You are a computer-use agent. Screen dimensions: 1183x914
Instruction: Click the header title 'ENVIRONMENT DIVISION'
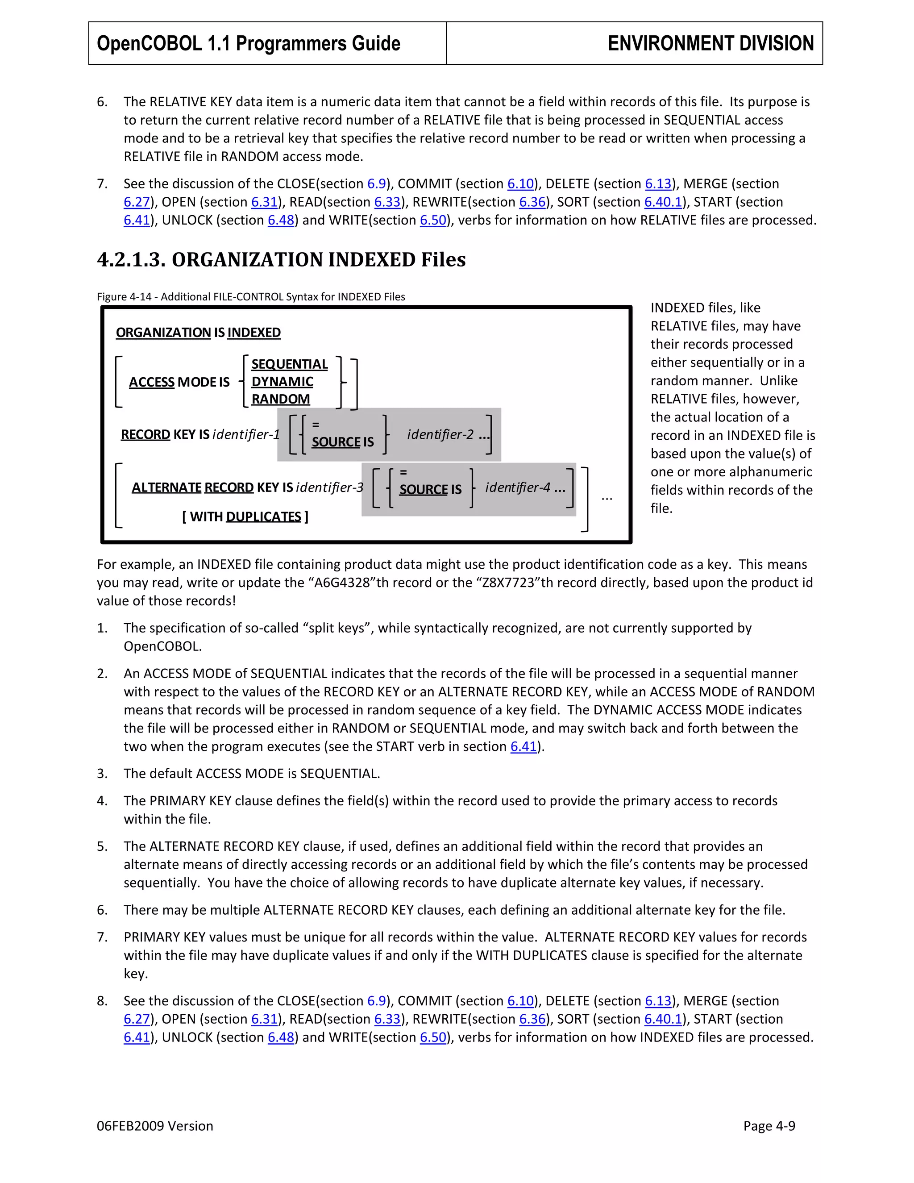pos(710,43)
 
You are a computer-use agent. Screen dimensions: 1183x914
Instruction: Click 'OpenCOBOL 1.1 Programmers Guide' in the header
pos(249,43)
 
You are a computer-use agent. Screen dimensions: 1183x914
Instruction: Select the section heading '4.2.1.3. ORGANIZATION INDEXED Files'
pos(281,259)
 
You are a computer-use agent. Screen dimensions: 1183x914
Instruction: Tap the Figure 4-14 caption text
pos(251,297)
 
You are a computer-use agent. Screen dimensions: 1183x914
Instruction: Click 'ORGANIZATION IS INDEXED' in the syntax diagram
pos(198,333)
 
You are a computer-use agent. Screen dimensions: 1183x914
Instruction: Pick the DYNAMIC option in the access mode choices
pos(282,382)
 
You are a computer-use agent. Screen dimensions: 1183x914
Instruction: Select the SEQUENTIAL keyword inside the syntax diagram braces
pos(289,364)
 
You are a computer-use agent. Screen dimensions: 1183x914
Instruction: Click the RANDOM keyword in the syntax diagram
pos(280,399)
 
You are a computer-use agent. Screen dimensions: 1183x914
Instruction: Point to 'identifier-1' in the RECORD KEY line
pos(246,434)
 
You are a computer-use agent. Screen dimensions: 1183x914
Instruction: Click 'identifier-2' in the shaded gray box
pos(440,434)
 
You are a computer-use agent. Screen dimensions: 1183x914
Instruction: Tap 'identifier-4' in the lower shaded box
pos(518,487)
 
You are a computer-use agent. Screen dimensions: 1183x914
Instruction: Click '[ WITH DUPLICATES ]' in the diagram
pos(245,517)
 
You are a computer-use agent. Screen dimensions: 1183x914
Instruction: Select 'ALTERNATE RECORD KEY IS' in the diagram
pos(212,487)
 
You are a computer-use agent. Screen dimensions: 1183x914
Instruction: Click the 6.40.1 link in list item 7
pos(663,202)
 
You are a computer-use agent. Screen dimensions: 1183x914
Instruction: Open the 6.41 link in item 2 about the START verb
pos(523,746)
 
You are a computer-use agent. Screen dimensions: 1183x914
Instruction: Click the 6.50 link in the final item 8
pos(432,1037)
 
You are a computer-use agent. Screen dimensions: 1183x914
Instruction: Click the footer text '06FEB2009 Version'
pos(155,1126)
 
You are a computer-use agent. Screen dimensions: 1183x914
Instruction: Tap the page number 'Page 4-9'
pos(769,1126)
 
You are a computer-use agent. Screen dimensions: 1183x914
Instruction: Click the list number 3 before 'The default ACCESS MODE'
pos(102,774)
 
